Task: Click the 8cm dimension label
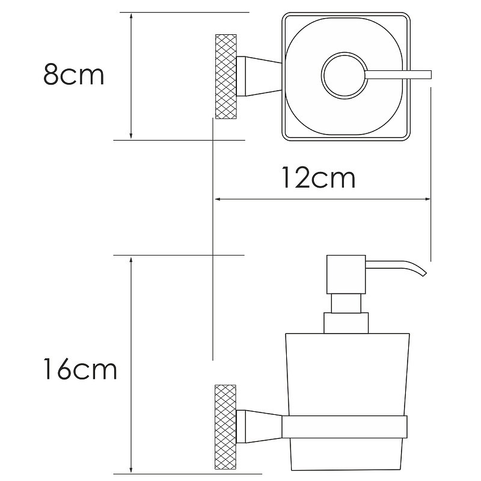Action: point(74,74)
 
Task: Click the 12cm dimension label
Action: point(319,177)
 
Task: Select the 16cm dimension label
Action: point(81,369)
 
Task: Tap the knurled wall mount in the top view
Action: point(226,77)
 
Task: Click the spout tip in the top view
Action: point(430,75)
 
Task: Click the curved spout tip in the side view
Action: point(424,274)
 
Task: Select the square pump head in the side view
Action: point(346,274)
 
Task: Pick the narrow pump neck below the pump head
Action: point(346,304)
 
